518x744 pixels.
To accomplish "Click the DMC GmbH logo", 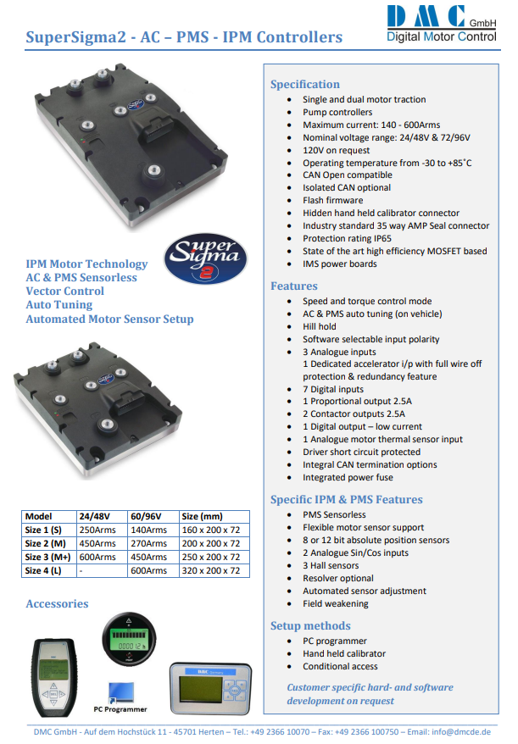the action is coord(441,24).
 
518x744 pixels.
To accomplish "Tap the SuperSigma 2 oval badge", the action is coord(205,258).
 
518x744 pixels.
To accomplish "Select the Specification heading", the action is coord(305,85).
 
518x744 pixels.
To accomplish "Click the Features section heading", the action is coord(294,286).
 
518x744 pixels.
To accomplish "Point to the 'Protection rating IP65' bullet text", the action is coord(347,238).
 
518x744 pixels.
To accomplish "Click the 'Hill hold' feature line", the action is coord(320,326).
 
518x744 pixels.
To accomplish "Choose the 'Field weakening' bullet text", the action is coord(336,603).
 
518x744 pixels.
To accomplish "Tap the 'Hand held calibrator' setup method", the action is coord(344,654).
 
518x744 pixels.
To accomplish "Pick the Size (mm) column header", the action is coord(202,516).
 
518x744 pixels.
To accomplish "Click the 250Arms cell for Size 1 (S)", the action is coord(97,530).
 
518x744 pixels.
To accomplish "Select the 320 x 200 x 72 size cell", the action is coord(211,570).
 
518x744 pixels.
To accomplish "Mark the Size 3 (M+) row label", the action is coord(48,557).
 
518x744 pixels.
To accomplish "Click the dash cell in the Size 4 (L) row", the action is coord(81,571).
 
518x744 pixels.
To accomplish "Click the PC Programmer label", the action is coord(120,709).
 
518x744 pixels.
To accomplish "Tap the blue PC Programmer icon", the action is coord(121,692).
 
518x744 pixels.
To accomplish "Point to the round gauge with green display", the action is coord(129,639).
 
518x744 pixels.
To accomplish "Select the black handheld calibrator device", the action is coord(54,677).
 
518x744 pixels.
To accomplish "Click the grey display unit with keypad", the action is coord(210,688).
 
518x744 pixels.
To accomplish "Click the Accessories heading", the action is coord(57,604).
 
